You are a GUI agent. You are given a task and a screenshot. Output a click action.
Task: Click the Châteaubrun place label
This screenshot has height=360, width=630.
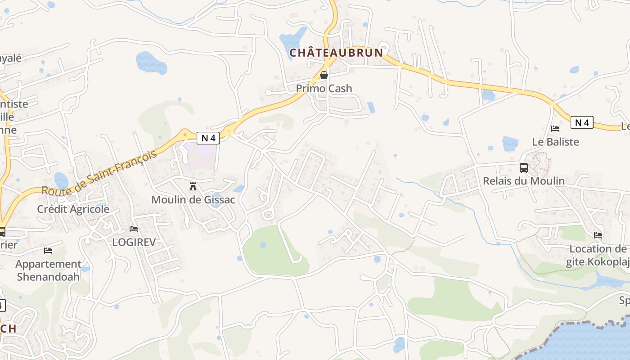tap(336, 53)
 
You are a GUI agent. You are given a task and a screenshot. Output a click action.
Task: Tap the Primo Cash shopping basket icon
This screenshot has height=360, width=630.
tap(324, 75)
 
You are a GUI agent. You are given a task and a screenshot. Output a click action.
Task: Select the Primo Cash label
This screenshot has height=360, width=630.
tap(324, 89)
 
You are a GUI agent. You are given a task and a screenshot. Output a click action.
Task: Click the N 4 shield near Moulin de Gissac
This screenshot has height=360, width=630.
tap(208, 138)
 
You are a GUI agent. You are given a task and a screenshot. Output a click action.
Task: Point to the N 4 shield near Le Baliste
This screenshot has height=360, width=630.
tap(582, 122)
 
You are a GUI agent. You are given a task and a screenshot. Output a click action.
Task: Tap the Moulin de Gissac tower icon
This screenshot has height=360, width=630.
tap(193, 186)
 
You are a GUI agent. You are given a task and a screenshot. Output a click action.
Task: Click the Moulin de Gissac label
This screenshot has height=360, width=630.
tap(193, 199)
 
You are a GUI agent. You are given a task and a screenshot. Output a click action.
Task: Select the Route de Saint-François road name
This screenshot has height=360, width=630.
tap(99, 172)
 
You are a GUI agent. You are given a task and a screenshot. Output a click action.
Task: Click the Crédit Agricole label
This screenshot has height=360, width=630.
tap(73, 209)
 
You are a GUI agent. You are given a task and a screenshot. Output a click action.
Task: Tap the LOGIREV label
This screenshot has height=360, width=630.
tap(134, 242)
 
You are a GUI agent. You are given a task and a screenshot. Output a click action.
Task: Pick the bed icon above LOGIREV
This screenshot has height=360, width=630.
tap(134, 229)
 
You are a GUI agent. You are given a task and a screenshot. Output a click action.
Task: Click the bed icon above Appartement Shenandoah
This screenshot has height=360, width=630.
tap(48, 251)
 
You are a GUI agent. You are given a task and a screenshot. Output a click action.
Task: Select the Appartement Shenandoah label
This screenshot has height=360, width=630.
tap(49, 270)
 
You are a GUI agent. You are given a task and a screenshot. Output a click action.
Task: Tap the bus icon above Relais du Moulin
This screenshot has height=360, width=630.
tap(524, 168)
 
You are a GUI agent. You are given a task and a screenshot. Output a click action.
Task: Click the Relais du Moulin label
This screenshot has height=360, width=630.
tap(524, 181)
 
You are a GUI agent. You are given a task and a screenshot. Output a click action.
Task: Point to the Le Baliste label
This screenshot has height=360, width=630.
tap(555, 142)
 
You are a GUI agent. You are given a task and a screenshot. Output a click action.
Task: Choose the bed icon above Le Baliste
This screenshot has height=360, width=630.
tap(555, 129)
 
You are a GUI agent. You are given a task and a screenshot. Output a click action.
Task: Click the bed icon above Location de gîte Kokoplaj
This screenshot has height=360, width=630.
tap(598, 235)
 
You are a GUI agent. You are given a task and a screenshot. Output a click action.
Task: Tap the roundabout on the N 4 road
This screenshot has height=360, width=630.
tap(185, 134)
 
